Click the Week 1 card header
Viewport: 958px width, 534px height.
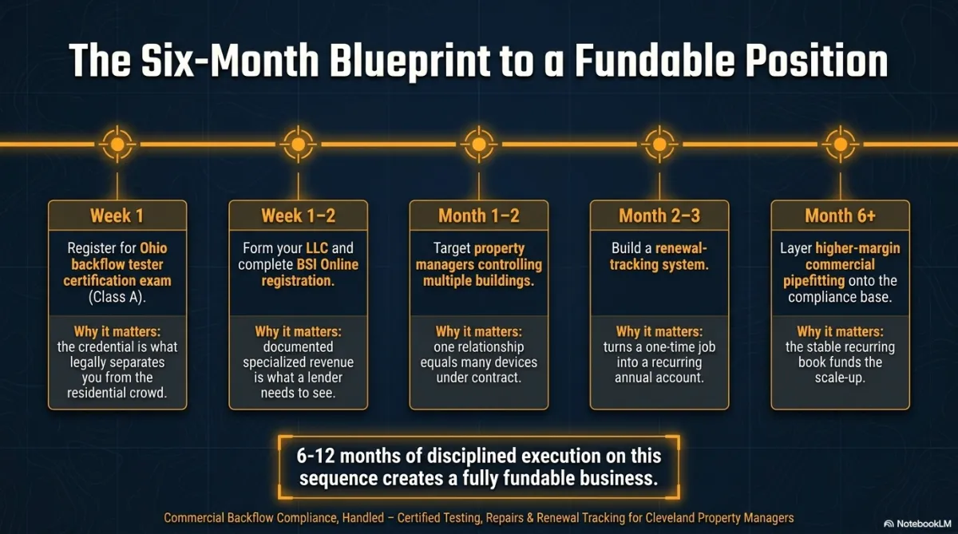coord(117,216)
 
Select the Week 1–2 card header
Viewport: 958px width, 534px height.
coord(298,216)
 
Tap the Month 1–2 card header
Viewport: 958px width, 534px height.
coord(478,216)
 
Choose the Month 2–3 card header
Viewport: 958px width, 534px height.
coord(659,216)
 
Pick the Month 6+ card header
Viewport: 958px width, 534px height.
coord(841,216)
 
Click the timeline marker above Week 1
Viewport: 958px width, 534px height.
coord(117,144)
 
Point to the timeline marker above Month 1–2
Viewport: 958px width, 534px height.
coord(478,144)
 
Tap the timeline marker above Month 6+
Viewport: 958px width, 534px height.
coord(841,144)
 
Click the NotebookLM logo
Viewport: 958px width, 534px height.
coord(917,524)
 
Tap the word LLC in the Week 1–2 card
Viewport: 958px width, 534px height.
coord(317,248)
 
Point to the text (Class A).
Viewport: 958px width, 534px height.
coord(117,297)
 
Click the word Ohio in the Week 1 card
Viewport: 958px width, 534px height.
coord(153,248)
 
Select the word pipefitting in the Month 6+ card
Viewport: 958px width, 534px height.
coord(814,281)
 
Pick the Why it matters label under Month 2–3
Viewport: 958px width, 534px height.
coord(659,331)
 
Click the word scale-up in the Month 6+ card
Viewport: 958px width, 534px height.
coord(841,378)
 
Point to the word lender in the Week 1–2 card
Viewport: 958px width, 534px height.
coord(322,378)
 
